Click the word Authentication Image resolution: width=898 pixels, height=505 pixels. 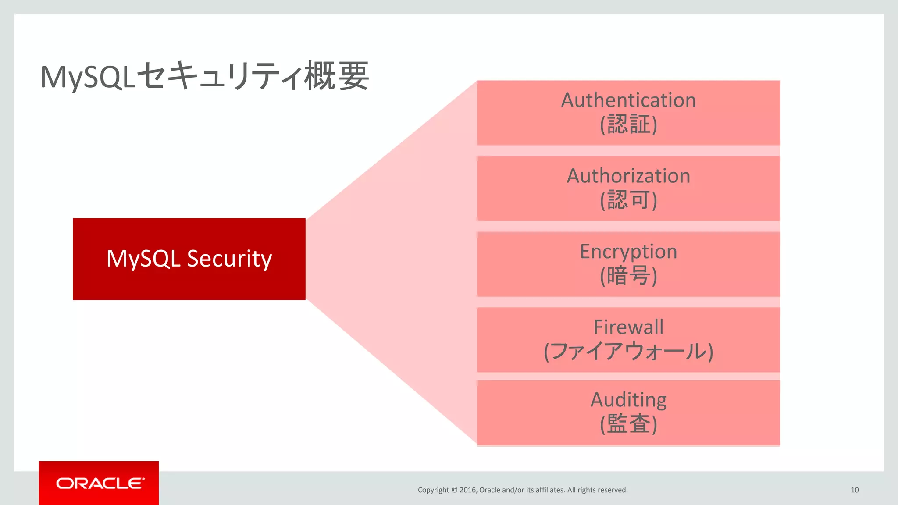(628, 100)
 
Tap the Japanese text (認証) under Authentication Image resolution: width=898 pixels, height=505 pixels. (628, 124)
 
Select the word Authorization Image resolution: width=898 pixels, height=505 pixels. (628, 176)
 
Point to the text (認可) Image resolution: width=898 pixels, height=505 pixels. (628, 200)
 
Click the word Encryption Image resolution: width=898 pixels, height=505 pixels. (628, 252)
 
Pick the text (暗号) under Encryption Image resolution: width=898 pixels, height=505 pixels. (628, 276)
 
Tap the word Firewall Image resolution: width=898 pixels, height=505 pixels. (628, 327)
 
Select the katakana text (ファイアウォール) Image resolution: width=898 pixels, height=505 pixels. (628, 352)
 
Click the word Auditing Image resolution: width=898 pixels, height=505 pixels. (628, 400)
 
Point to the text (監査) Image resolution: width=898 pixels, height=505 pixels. (628, 424)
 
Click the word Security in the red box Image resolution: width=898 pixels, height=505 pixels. (229, 259)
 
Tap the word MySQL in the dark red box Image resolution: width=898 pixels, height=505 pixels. (143, 259)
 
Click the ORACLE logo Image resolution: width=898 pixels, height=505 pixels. (100, 483)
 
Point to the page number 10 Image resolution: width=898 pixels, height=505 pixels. (854, 490)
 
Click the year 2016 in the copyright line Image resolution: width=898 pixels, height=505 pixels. (468, 490)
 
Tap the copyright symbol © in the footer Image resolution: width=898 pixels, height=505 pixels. (454, 490)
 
